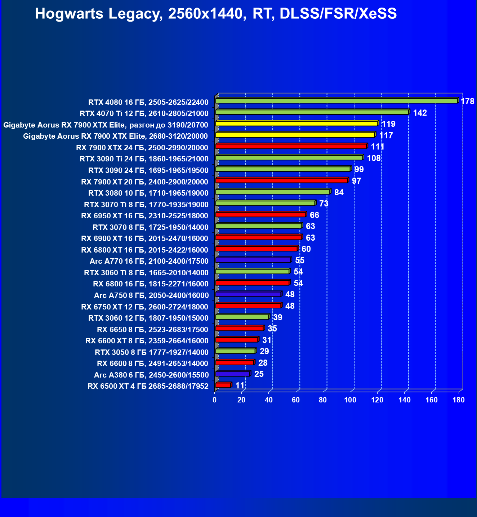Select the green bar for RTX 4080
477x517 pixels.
[x=336, y=101]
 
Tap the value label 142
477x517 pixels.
[x=420, y=113]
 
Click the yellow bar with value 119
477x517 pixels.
[x=296, y=124]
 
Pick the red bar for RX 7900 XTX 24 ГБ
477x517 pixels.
[x=291, y=146]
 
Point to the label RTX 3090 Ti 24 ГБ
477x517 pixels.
[x=144, y=159]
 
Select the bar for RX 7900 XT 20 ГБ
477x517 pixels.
[x=281, y=180]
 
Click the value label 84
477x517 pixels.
[x=339, y=192]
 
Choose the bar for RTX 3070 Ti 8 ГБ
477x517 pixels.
[x=265, y=203]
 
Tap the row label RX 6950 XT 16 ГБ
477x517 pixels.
[x=144, y=216]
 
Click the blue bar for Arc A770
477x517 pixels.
[x=253, y=260]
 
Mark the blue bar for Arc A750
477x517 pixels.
[x=248, y=294]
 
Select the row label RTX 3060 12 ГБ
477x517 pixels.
[x=148, y=318]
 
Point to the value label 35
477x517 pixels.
[x=272, y=329]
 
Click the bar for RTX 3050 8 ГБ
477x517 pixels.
[x=235, y=351]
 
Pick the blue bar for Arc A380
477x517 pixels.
[x=232, y=374]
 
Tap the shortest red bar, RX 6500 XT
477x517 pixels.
[x=223, y=385]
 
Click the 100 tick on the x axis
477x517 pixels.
[x=350, y=400]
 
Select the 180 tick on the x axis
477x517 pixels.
[x=459, y=400]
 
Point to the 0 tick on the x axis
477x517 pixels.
[x=215, y=400]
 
